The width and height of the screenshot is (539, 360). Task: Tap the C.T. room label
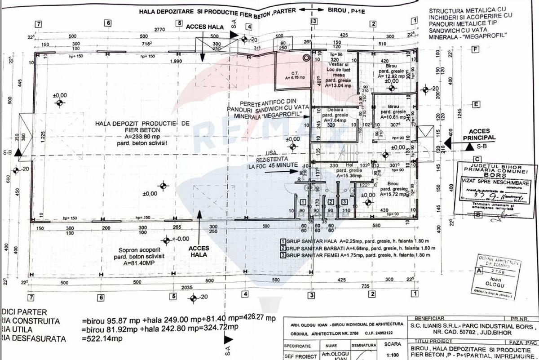[x=295, y=72]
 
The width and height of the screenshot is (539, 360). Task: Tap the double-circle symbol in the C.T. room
[x=307, y=58]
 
